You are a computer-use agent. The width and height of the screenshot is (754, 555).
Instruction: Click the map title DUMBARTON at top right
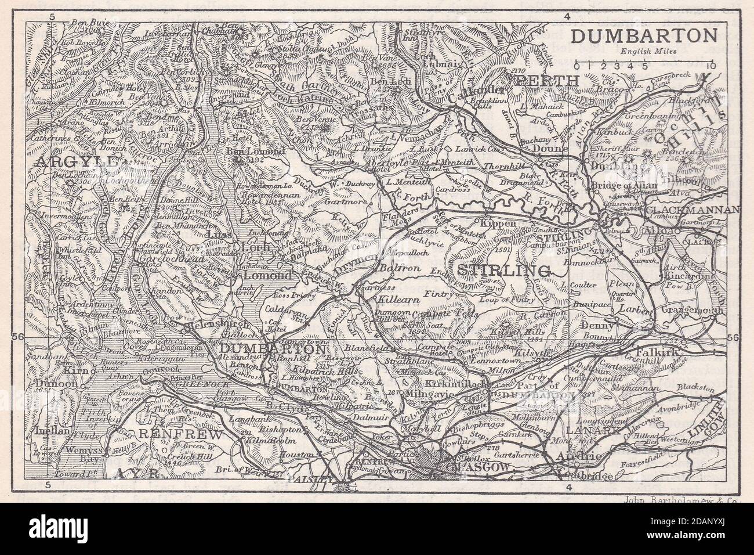coord(643,36)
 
